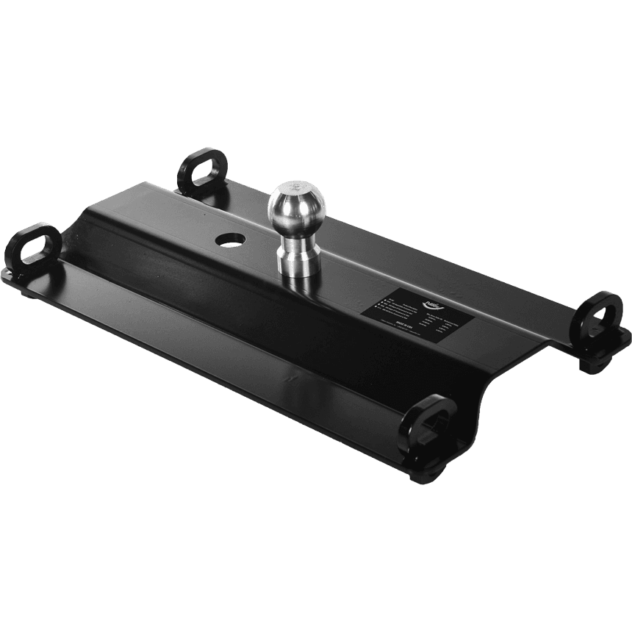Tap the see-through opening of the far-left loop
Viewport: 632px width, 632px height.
coord(37,245)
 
